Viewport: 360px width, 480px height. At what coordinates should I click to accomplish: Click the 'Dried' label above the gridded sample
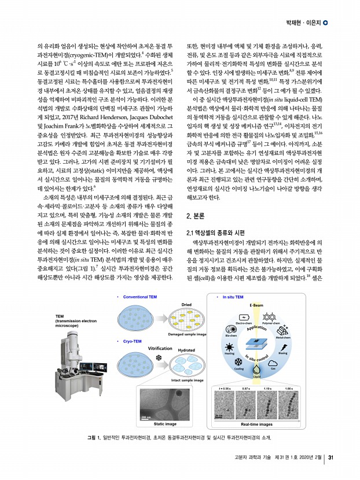(186, 304)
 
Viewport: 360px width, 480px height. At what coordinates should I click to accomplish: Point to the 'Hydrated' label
(186, 350)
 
